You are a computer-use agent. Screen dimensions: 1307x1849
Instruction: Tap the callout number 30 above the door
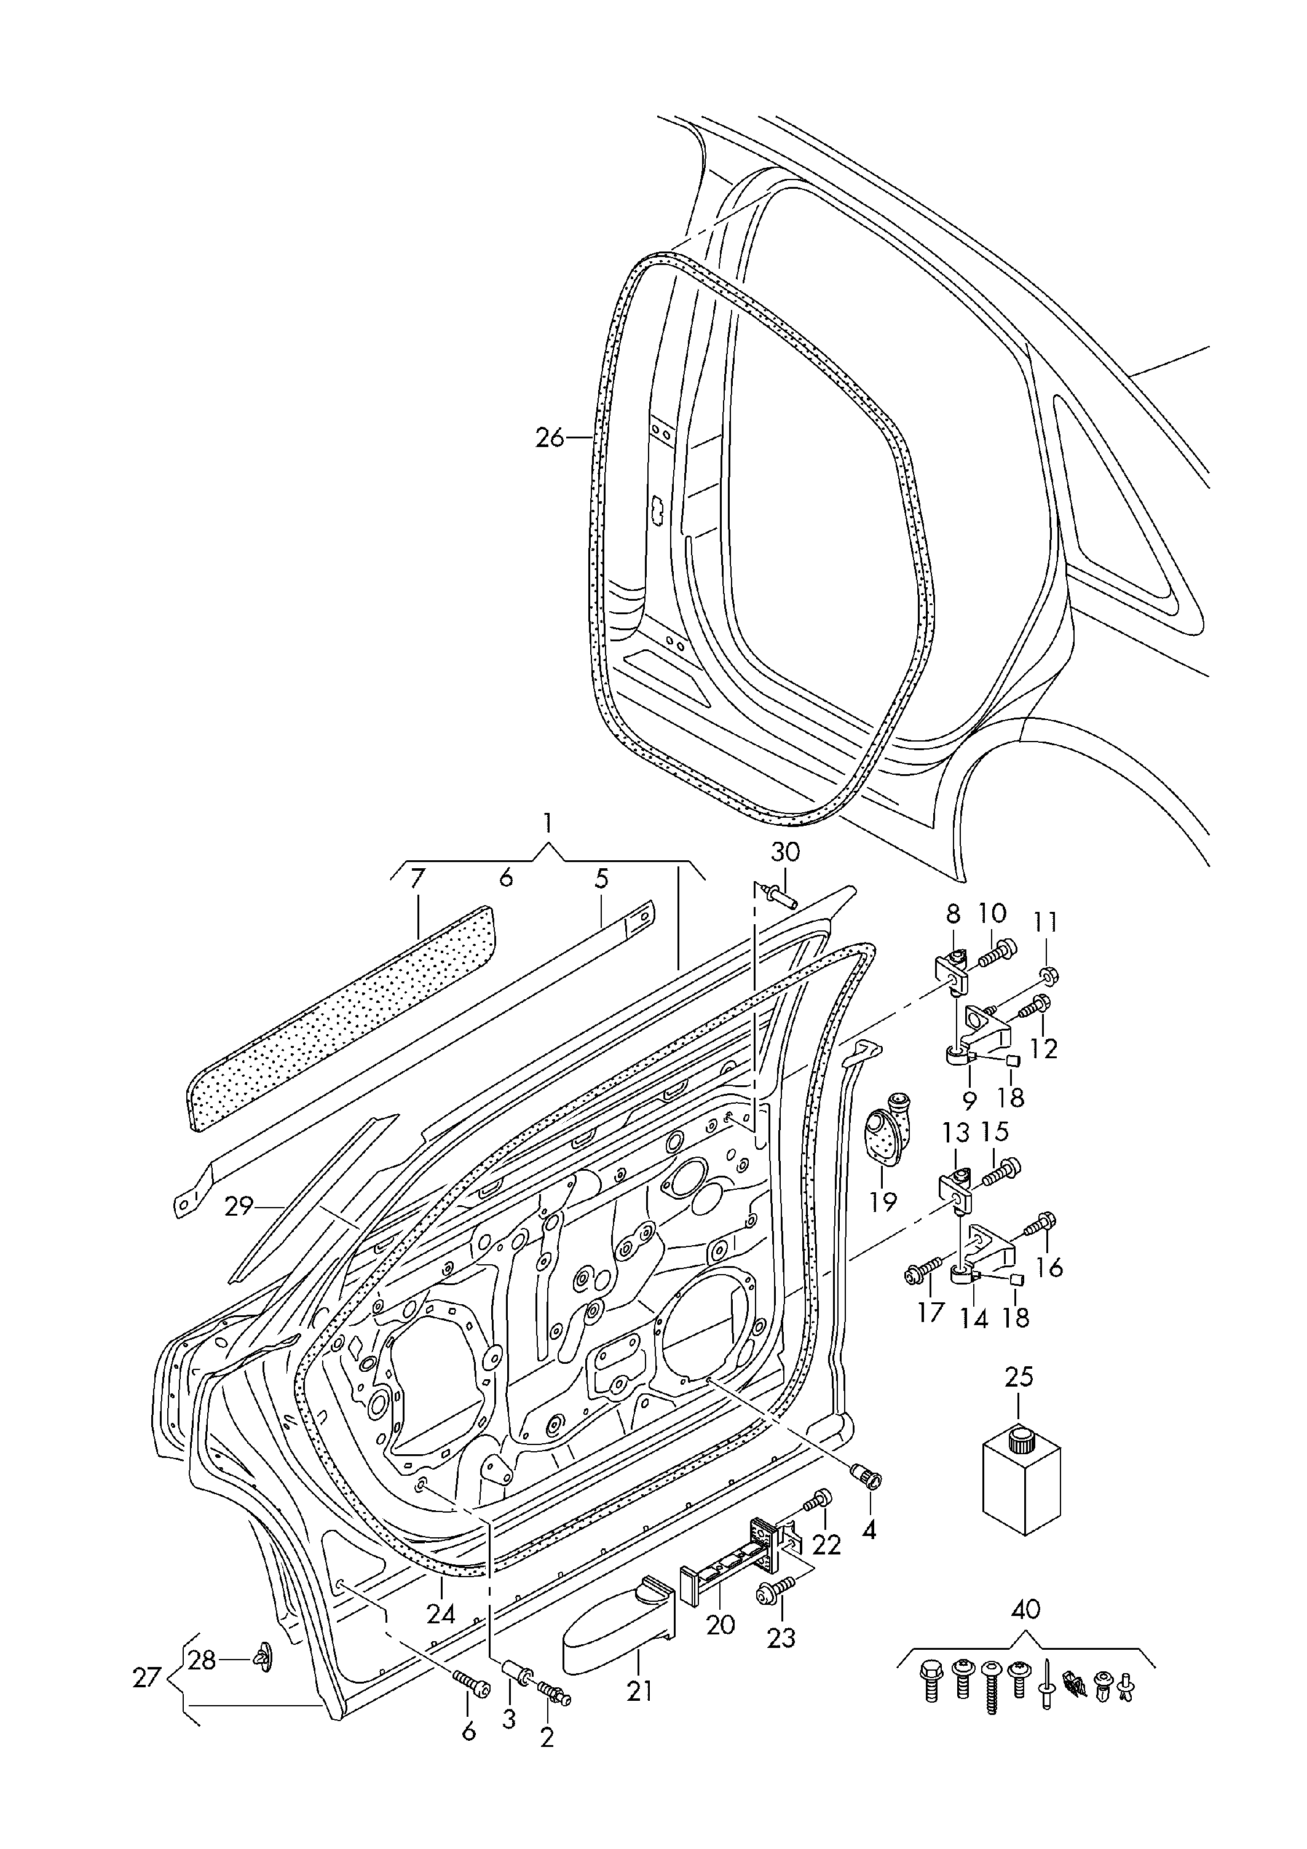tap(786, 852)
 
